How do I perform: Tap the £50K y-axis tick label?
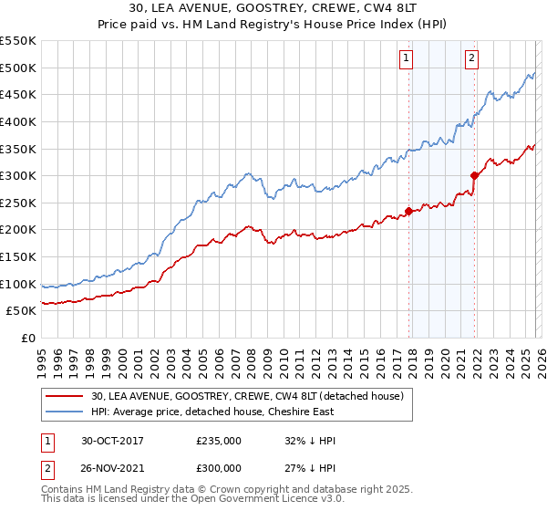[22, 311]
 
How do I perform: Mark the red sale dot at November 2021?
[474, 175]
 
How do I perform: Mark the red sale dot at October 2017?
[408, 211]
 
